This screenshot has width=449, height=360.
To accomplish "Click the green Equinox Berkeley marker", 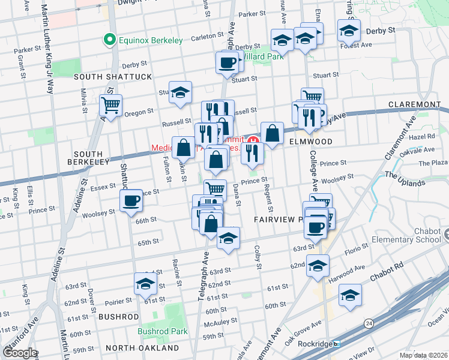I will [109, 40].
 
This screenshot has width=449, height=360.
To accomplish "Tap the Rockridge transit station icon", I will [337, 344].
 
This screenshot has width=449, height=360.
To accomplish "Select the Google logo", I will [20, 352].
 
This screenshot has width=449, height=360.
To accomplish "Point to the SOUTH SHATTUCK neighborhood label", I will [113, 77].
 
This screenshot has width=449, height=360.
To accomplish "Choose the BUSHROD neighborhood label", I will [118, 316].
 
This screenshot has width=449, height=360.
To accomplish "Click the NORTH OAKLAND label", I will [142, 348].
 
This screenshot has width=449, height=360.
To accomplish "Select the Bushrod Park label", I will [162, 331].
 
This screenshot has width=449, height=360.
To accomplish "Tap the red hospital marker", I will [253, 143].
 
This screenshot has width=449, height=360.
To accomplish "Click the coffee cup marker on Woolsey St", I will [131, 202].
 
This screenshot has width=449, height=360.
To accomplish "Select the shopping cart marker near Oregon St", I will [111, 106].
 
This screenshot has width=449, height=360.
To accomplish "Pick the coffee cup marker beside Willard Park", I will [227, 62].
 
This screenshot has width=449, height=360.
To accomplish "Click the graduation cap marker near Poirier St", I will [145, 284].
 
